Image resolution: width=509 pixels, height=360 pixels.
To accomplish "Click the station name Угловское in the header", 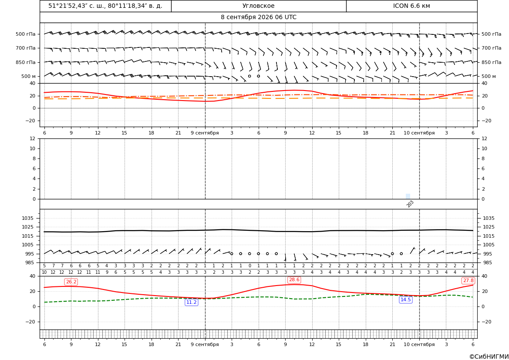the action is coord(258,6).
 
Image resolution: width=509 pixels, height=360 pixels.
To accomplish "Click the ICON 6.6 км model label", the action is coord(411,6).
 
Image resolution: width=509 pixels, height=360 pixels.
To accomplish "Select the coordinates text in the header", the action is coord(105,6).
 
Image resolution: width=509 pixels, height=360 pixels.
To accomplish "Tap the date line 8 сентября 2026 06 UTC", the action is coord(258,17).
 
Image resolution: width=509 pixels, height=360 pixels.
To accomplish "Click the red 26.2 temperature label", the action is coord(71,282).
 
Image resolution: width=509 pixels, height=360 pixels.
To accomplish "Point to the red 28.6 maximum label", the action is coord(294,280).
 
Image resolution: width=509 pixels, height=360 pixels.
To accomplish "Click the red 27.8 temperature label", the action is coord(468,280).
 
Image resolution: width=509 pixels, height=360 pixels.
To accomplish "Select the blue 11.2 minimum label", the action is coord(191,302).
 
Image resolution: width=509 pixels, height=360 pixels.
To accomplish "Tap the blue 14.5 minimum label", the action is coord(405,299).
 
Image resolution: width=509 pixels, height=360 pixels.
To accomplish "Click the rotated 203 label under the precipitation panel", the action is coord(410,204).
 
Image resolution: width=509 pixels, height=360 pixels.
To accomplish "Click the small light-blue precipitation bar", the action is coord(408,196).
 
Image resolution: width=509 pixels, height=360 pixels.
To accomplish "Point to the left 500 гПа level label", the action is coord(26,34).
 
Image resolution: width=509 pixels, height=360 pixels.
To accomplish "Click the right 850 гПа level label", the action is coord(492,62).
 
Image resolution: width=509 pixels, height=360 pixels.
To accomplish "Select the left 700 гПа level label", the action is coord(26,48).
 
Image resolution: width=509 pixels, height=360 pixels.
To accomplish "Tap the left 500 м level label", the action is coord(28,76).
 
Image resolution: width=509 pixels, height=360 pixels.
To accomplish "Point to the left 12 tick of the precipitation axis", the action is coord(33,138).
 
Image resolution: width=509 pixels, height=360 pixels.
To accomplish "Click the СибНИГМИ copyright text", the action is coord(489,357).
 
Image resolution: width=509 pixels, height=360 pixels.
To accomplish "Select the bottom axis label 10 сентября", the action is coord(419,344).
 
